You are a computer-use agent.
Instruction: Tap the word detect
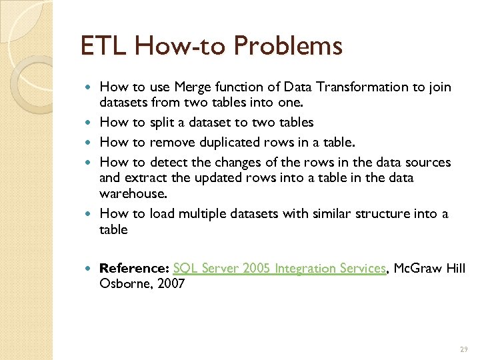click(x=169, y=163)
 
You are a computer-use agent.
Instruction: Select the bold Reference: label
click(x=134, y=268)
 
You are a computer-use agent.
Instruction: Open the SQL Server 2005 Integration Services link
click(x=279, y=268)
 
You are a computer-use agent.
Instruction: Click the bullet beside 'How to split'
click(x=91, y=123)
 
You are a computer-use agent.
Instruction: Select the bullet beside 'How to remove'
click(x=91, y=142)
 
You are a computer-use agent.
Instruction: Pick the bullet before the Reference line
click(x=91, y=268)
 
